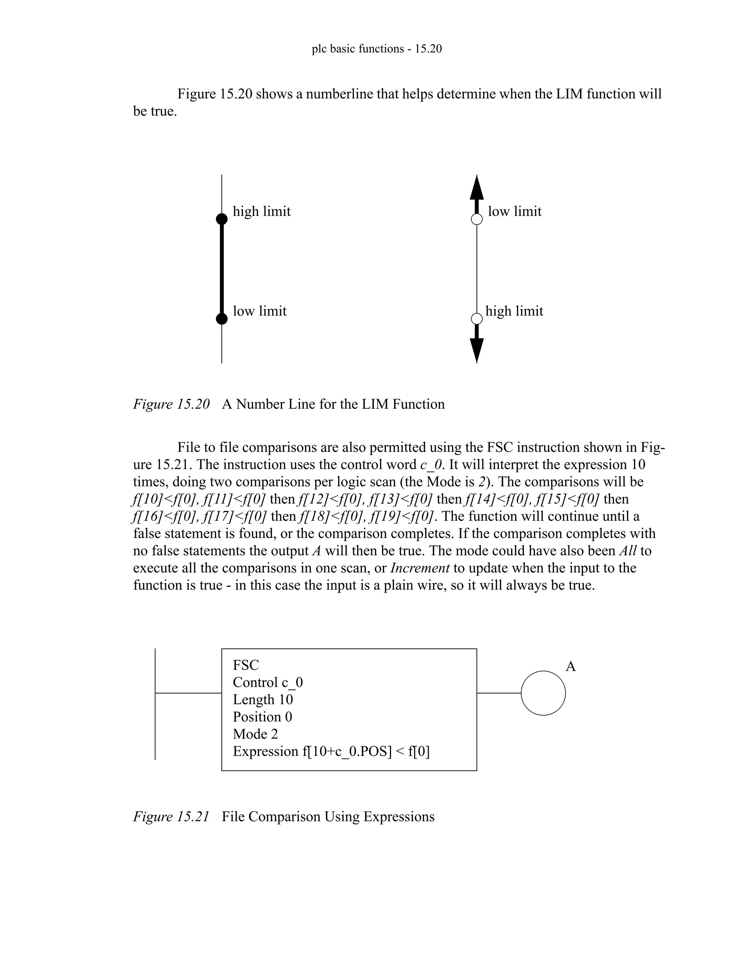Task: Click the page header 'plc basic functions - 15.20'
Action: pyautogui.click(x=377, y=49)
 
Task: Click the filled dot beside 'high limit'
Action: pyautogui.click(x=222, y=219)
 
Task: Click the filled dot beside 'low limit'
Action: pyautogui.click(x=222, y=319)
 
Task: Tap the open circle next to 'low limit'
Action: pyautogui.click(x=477, y=219)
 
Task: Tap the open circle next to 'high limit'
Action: pyautogui.click(x=477, y=319)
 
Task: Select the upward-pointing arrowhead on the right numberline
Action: pyautogui.click(x=477, y=188)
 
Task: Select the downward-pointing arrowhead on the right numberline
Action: pyautogui.click(x=477, y=350)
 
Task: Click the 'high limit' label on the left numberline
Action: pyautogui.click(x=261, y=211)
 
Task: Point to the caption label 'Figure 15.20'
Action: pyautogui.click(x=171, y=404)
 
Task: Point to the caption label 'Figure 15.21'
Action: pyautogui.click(x=171, y=816)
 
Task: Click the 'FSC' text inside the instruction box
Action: pyautogui.click(x=246, y=665)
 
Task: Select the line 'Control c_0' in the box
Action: pyautogui.click(x=268, y=682)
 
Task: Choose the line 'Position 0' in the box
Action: pyautogui.click(x=262, y=717)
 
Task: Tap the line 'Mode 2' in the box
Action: pyautogui.click(x=255, y=734)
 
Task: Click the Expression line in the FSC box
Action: pyautogui.click(x=331, y=751)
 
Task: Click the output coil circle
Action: pyautogui.click(x=543, y=693)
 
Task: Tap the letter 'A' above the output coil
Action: pyautogui.click(x=570, y=667)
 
